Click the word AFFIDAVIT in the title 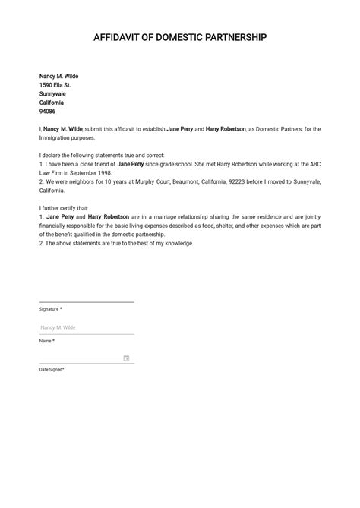[117, 38]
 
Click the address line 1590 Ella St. [55, 85]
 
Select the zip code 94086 [48, 111]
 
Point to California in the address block [52, 103]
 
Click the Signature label [50, 309]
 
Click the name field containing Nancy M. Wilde [86, 327]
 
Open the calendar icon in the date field [126, 358]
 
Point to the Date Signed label [52, 369]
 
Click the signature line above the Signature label [86, 301]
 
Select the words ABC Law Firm [314, 164]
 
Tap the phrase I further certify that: [65, 207]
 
